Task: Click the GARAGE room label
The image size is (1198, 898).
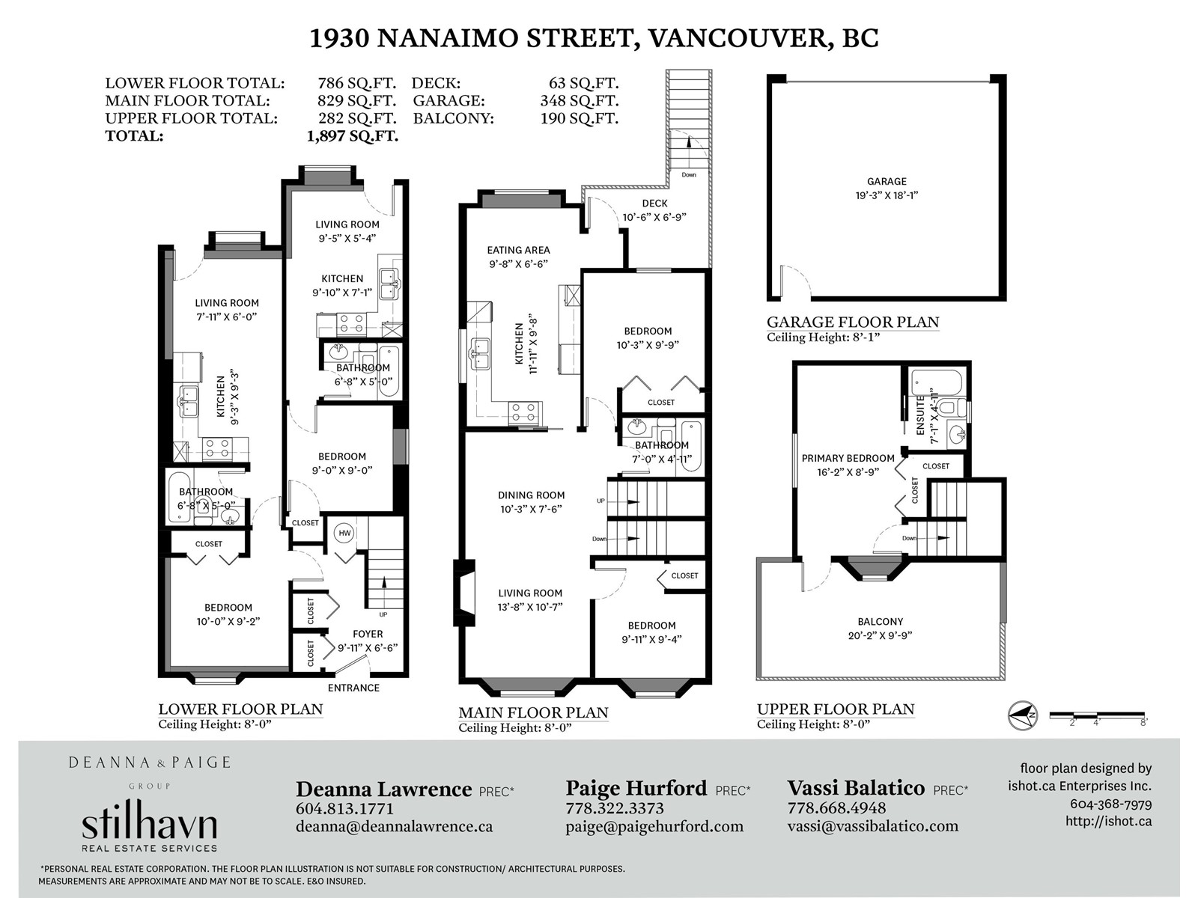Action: point(887,182)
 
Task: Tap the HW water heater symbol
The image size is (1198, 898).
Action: point(344,533)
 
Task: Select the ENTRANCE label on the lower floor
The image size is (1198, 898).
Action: point(353,688)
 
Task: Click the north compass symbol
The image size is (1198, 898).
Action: point(1022,715)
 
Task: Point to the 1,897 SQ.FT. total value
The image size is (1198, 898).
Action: point(353,135)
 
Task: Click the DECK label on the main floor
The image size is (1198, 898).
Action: point(654,204)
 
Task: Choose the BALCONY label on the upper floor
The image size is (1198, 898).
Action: point(880,622)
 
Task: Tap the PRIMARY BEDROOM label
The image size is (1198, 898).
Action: point(848,459)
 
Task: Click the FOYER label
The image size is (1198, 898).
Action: point(368,634)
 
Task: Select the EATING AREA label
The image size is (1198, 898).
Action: point(518,250)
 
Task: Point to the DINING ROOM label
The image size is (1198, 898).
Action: point(531,495)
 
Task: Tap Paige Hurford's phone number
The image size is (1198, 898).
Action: point(615,808)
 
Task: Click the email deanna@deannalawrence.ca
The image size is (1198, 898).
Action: point(394,827)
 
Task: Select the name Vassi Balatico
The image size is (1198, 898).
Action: point(856,788)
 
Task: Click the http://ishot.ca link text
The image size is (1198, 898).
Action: point(1108,821)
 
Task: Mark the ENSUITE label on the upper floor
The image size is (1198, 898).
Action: point(920,415)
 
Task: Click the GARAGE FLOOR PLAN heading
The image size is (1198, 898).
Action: point(853,322)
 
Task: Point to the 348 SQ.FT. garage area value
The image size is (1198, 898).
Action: point(579,101)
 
